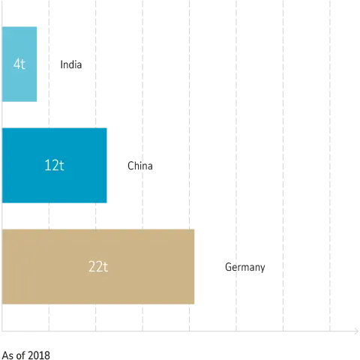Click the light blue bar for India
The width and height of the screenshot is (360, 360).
tap(19, 64)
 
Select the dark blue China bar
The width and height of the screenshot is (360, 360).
tap(54, 165)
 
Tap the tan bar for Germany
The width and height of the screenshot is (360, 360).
tap(98, 266)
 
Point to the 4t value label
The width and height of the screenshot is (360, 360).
tap(19, 64)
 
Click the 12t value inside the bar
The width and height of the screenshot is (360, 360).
tap(54, 165)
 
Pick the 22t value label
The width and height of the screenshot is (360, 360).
tap(98, 267)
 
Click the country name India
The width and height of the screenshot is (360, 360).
tap(71, 64)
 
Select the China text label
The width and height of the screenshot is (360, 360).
tap(140, 166)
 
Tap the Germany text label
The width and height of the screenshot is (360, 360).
tap(245, 267)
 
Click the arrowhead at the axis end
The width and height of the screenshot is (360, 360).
tap(357, 331)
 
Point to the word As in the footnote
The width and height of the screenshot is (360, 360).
tap(7, 355)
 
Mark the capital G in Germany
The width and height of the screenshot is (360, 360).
tap(228, 267)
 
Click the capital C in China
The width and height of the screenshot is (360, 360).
tap(130, 166)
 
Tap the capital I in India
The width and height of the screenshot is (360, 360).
tap(61, 64)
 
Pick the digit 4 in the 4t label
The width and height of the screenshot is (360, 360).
tap(16, 64)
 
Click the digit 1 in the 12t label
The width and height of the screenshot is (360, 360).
tap(46, 165)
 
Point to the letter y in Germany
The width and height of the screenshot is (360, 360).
tap(262, 268)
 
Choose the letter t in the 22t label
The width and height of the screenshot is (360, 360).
tap(105, 267)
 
